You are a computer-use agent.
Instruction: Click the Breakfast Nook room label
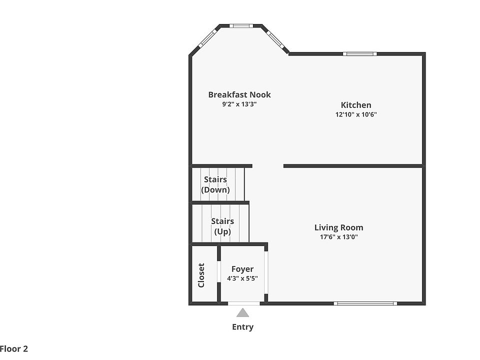239,94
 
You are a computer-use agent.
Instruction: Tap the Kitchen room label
356,105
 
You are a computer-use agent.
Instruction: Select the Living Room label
338,227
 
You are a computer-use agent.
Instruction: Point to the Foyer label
242,269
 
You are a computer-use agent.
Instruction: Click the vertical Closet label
201,275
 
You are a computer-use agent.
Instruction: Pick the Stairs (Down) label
215,184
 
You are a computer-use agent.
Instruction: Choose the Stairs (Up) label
222,226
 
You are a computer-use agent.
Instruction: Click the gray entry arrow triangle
242,313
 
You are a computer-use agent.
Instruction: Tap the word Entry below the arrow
242,327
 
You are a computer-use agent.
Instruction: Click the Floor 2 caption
14,348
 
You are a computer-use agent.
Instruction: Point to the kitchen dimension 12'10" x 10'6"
356,114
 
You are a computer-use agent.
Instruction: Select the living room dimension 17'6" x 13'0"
338,237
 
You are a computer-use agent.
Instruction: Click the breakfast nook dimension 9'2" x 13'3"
239,104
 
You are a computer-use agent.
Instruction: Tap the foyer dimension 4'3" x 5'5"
242,278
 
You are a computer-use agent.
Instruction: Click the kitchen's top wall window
360,53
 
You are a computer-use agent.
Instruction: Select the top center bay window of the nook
241,25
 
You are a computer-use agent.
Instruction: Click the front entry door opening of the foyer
243,303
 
